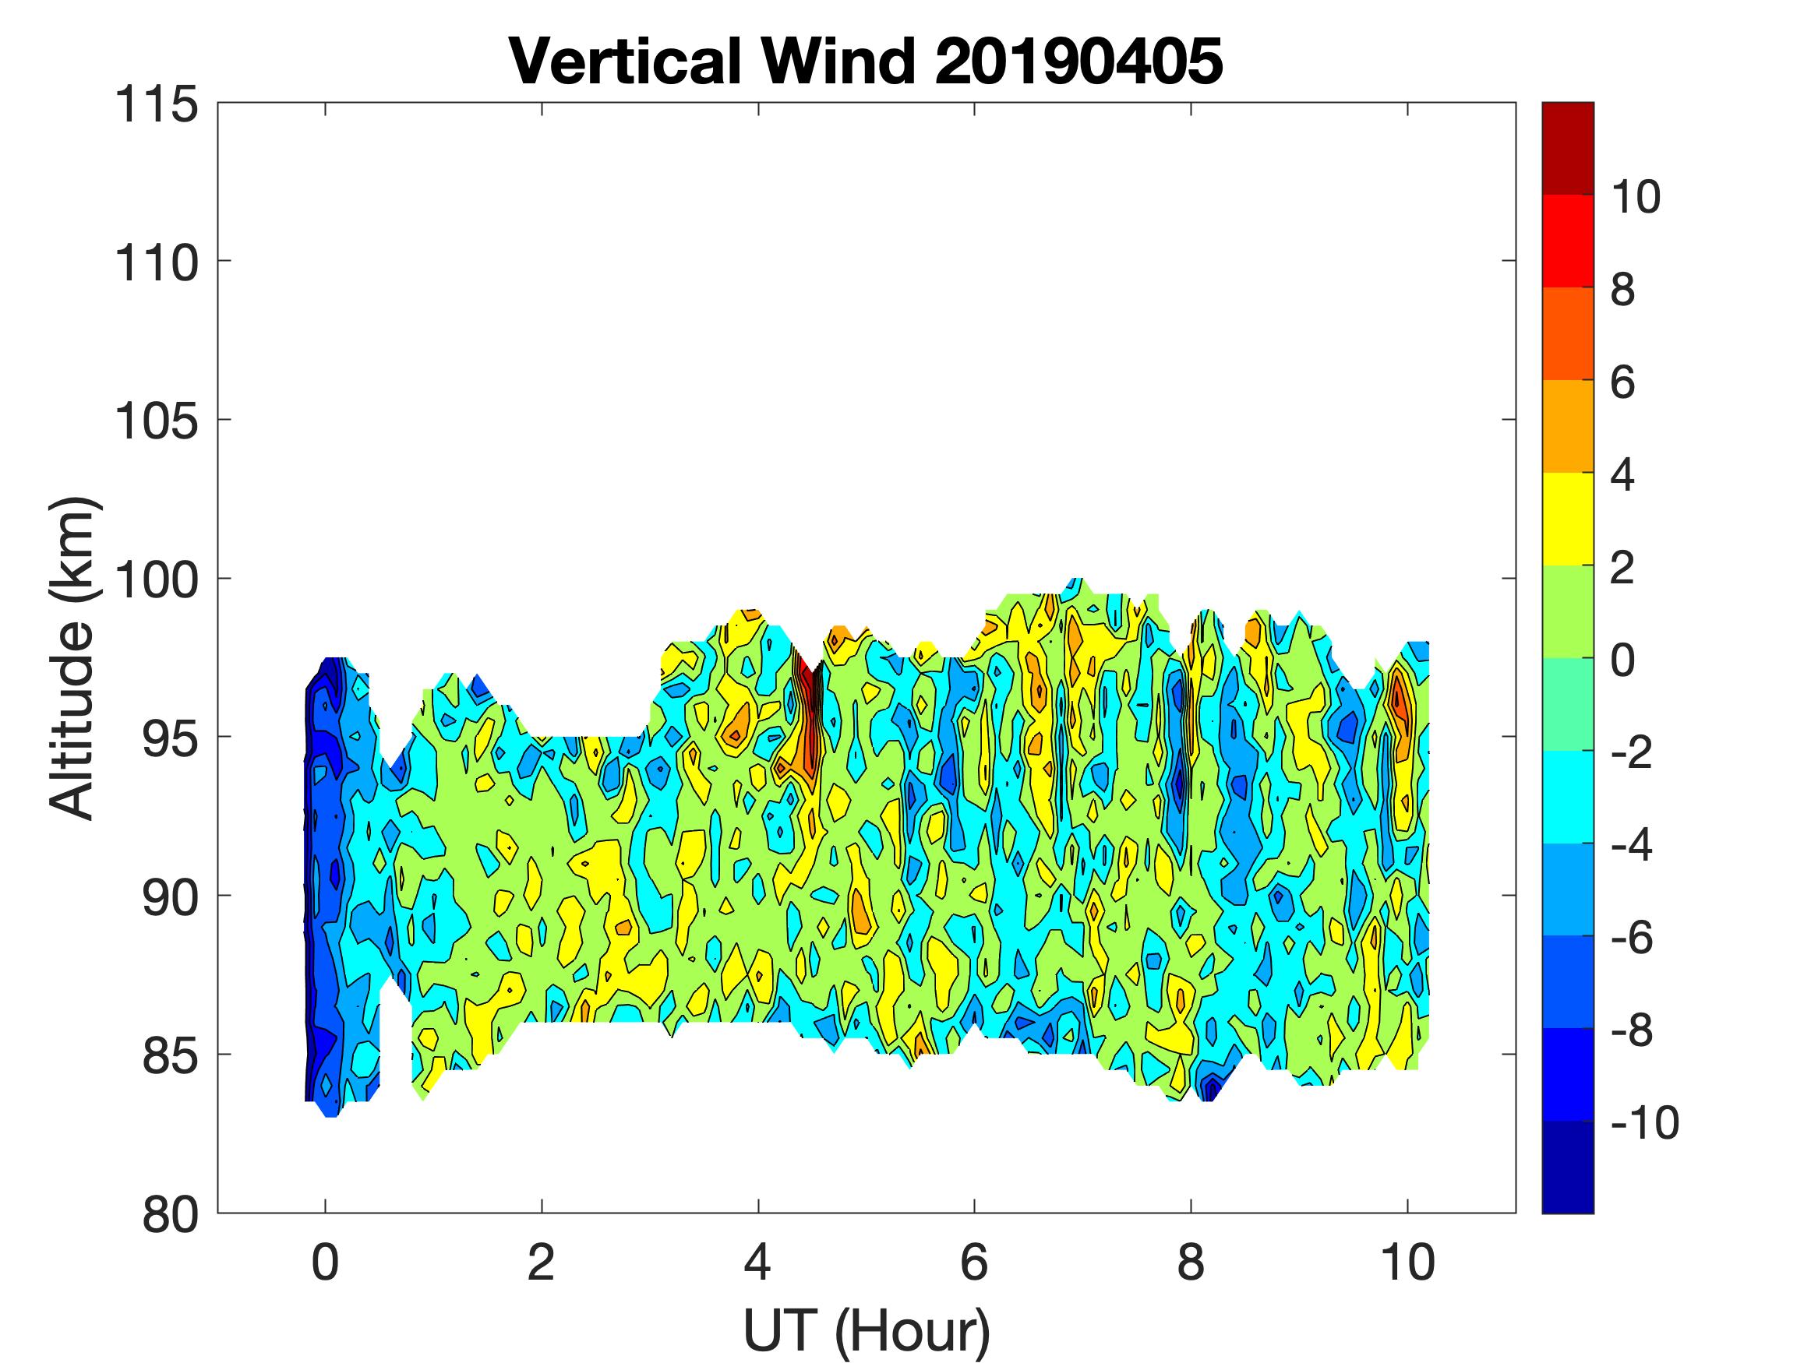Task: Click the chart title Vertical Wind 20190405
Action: click(x=866, y=62)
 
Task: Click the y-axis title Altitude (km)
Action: click(x=74, y=657)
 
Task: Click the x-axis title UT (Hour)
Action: click(x=867, y=1331)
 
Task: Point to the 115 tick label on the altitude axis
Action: click(x=156, y=105)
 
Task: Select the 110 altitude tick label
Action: click(x=156, y=264)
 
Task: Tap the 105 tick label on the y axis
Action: click(x=156, y=422)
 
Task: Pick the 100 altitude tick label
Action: click(x=156, y=581)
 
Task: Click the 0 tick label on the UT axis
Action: click(x=326, y=1263)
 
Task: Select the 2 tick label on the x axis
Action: click(x=541, y=1263)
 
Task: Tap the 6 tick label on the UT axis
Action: click(x=974, y=1263)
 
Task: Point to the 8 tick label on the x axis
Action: click(x=1191, y=1263)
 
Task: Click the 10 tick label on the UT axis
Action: click(x=1408, y=1263)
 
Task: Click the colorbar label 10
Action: click(x=1635, y=197)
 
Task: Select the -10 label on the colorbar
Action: click(x=1643, y=1122)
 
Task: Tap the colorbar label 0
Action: click(x=1622, y=660)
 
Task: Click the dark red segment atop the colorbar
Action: click(x=1567, y=148)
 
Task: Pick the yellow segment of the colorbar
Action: click(x=1567, y=519)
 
